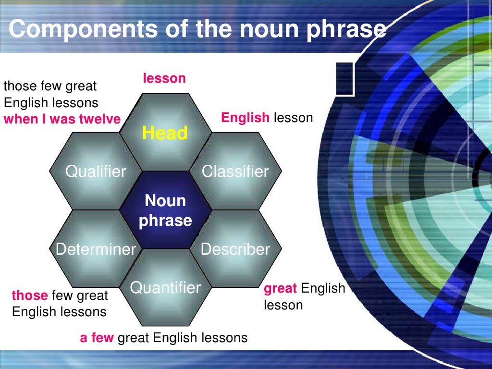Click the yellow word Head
(x=165, y=133)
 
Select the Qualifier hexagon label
(x=96, y=171)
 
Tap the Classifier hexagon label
(x=235, y=171)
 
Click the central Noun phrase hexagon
(x=165, y=210)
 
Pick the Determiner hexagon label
(x=96, y=249)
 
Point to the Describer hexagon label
(x=235, y=249)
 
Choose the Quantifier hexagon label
(x=165, y=288)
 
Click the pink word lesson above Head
(x=164, y=78)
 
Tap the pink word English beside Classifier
(x=245, y=118)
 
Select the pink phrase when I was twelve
(x=62, y=120)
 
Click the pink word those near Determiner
(x=29, y=295)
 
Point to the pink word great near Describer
(x=281, y=289)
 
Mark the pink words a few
(x=97, y=338)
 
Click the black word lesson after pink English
(x=293, y=118)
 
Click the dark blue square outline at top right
(x=345, y=78)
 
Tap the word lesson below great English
(x=283, y=305)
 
